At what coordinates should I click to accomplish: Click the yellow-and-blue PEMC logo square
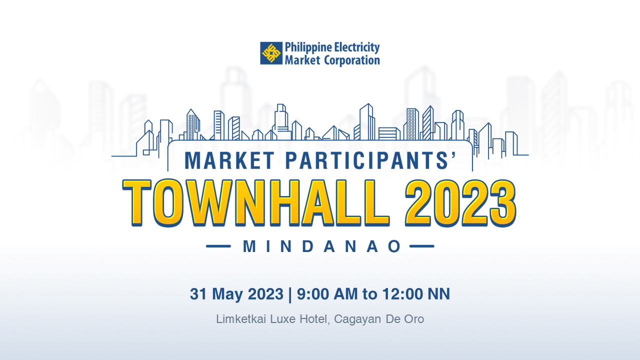click(271, 53)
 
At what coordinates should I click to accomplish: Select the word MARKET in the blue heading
click(229, 160)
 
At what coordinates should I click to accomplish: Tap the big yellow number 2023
click(460, 203)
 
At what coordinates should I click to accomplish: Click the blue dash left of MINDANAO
click(218, 246)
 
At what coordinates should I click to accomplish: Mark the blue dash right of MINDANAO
click(421, 246)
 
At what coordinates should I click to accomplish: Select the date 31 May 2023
click(236, 294)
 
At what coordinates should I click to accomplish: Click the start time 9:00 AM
click(327, 294)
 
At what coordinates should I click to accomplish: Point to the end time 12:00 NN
click(416, 294)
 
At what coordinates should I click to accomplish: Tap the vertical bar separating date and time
click(290, 295)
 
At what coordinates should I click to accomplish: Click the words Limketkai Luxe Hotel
click(271, 319)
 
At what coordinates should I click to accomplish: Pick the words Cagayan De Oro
click(379, 319)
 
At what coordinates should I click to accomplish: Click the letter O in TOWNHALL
click(167, 203)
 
